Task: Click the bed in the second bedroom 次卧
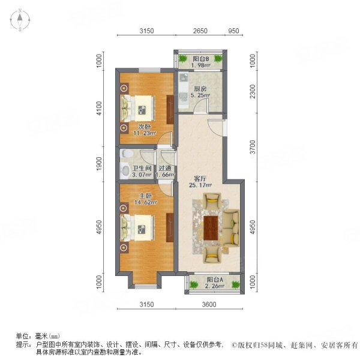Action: coord(139,109)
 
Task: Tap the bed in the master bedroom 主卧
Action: coord(139,229)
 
